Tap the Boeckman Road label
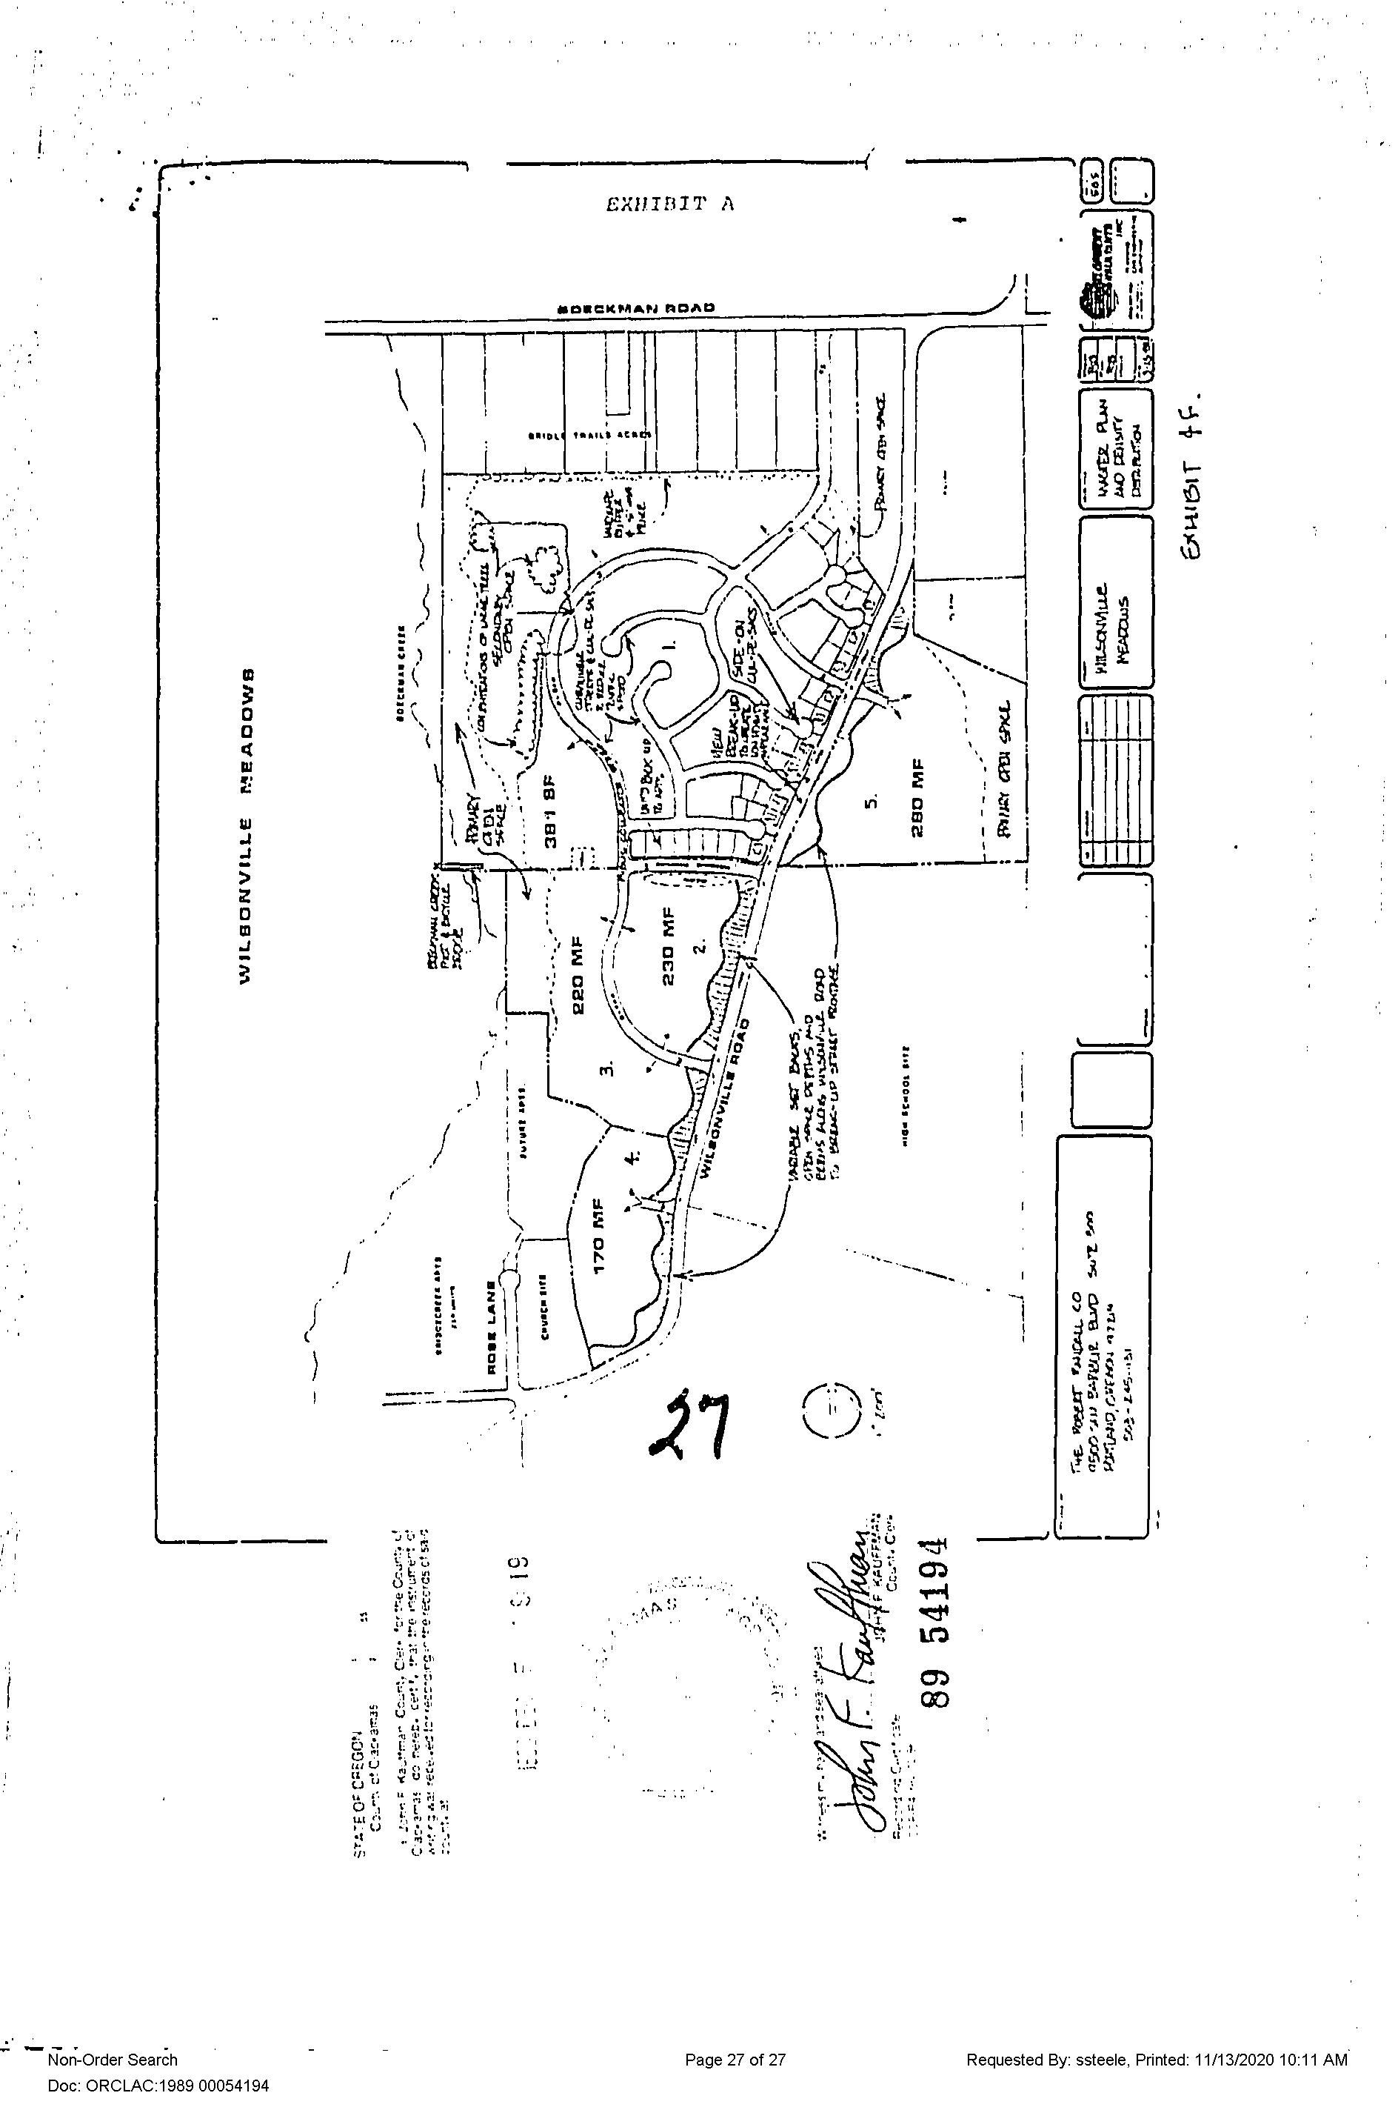coord(636,308)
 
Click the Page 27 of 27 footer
coord(735,2059)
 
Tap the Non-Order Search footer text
coord(113,2059)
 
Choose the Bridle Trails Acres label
coord(589,435)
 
